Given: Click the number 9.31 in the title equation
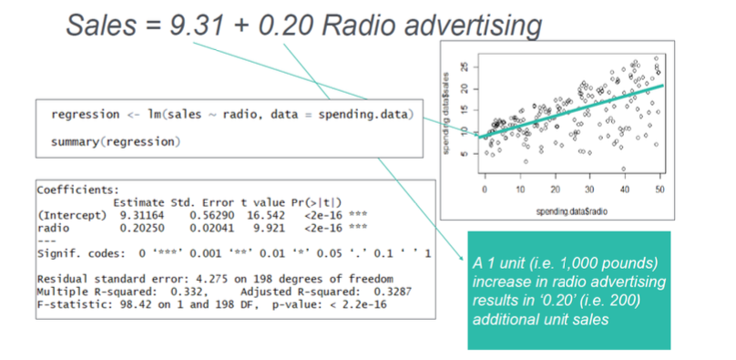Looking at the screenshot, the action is click(x=197, y=26).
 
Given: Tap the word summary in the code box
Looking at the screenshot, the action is click(x=73, y=142).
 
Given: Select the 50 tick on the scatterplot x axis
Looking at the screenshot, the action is click(x=659, y=190).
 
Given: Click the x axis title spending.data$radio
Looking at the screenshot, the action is click(x=572, y=211).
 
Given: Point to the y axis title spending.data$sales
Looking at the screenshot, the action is click(x=446, y=113).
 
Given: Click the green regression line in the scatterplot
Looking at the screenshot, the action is click(x=571, y=111).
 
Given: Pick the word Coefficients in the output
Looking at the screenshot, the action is click(x=78, y=190).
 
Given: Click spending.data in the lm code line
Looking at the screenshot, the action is click(x=363, y=115).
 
